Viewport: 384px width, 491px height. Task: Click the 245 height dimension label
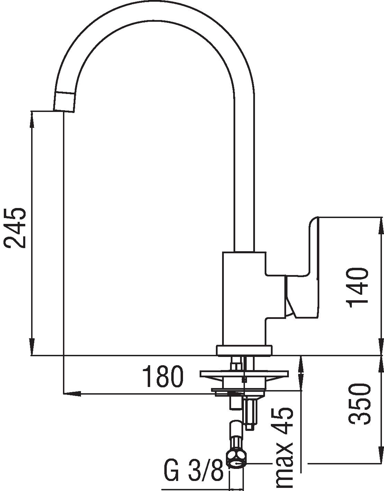click(14, 228)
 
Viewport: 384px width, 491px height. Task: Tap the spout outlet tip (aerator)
click(64, 102)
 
